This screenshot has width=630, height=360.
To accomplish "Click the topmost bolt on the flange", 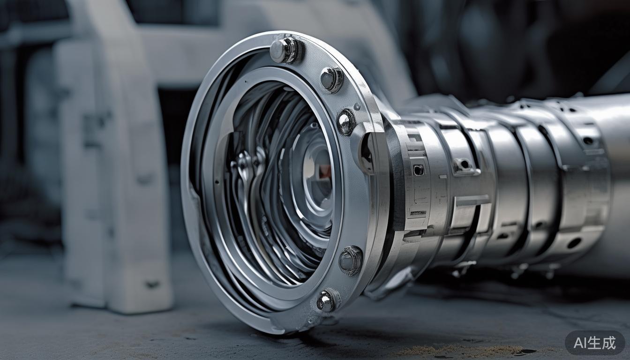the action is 285,50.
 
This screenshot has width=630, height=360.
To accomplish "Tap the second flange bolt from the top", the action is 331,79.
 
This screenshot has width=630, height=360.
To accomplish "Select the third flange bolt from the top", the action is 346,122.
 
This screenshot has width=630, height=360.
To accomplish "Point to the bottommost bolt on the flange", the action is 326,301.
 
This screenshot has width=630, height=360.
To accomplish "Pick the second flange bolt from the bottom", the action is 351,260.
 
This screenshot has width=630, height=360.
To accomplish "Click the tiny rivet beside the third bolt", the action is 357,106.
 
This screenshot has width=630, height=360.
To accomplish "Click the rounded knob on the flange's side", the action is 367,153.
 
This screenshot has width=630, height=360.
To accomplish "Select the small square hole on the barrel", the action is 418,170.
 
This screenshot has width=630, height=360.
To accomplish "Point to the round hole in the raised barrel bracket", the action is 465,164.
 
